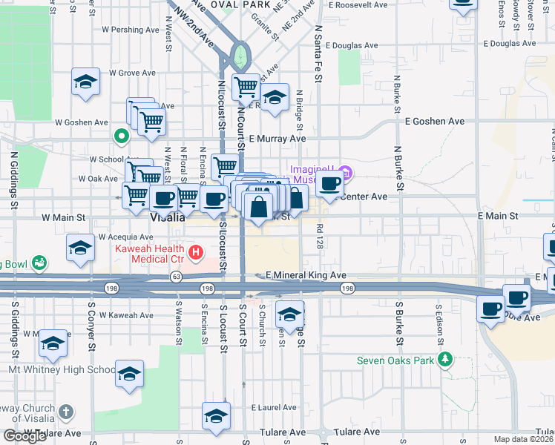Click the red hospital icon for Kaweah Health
196,253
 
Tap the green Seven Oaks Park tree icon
444,360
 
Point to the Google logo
24,436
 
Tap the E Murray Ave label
277,138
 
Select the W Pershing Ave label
131,30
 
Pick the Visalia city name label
167,218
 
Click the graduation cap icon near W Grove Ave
85,82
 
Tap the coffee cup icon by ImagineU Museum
330,183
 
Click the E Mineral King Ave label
306,275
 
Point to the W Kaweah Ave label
131,315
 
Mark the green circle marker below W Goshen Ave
120,136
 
